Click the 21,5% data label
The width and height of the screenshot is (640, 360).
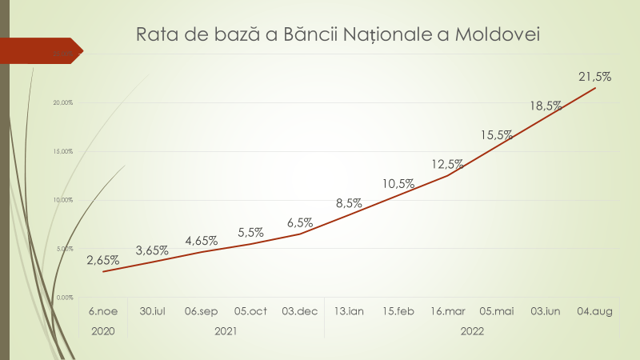click(x=594, y=77)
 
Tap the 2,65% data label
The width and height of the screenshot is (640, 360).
click(x=103, y=260)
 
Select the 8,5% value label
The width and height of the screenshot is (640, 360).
click(x=349, y=203)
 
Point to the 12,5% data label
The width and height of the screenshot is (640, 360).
click(x=447, y=164)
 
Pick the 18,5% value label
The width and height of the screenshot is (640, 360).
click(x=546, y=106)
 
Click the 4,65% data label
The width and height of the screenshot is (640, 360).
click(x=202, y=240)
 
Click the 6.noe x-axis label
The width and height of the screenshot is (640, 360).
click(x=103, y=310)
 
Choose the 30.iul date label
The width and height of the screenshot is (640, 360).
click(x=152, y=310)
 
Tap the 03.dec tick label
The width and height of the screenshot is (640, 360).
click(x=299, y=310)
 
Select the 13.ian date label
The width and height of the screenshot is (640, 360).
click(x=349, y=310)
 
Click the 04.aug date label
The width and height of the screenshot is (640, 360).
click(x=594, y=310)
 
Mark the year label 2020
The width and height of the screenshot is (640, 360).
click(x=103, y=330)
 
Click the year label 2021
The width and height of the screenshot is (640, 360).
click(x=226, y=330)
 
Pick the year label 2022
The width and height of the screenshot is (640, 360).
click(x=472, y=330)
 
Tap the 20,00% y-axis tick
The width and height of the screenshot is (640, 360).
click(x=62, y=102)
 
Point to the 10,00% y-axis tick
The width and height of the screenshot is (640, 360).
click(x=62, y=200)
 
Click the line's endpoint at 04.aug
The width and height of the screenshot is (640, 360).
click(x=594, y=87)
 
